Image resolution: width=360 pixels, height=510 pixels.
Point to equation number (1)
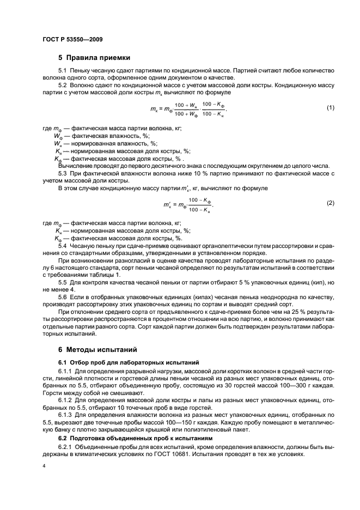coord(330,107)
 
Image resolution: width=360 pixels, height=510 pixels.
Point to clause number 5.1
coord(63,71)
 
